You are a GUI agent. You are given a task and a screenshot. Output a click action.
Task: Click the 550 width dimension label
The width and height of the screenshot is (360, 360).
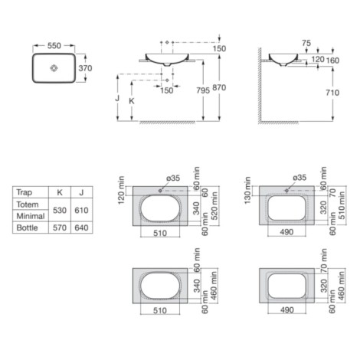54,46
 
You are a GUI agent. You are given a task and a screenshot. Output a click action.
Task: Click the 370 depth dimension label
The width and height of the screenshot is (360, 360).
85,68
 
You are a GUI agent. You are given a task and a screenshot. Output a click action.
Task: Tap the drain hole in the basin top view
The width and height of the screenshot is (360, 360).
54,68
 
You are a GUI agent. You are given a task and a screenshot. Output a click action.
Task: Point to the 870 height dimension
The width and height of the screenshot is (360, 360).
219,87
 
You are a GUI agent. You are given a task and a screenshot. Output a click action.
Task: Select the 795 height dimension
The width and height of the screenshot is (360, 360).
203,90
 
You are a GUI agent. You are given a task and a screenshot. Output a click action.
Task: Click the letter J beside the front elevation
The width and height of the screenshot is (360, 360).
117,98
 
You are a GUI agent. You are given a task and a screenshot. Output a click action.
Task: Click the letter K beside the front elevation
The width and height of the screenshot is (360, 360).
132,101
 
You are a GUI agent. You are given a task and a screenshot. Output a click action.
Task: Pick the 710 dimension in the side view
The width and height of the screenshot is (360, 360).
332,93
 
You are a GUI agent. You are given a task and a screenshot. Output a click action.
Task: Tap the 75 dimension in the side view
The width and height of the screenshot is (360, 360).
306,43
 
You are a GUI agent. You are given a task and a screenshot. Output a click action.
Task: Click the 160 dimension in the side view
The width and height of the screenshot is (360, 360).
332,61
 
